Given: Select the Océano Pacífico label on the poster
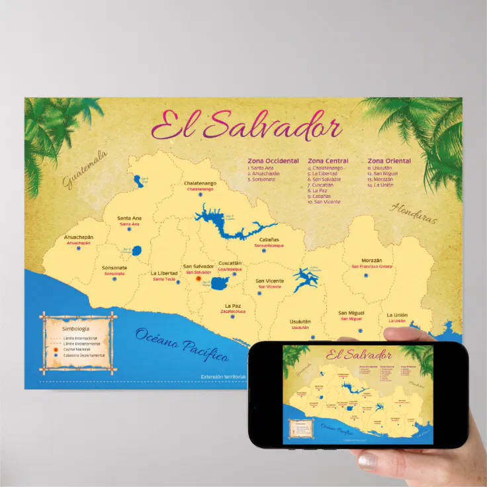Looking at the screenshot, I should coord(182,345).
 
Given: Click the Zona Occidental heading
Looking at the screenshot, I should coord(273,161).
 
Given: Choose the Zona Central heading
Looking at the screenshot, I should coord(328,161).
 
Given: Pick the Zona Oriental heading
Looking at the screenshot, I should coord(389,161).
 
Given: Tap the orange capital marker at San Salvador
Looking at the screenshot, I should coord(198,279).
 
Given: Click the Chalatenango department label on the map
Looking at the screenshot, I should coord(200,183).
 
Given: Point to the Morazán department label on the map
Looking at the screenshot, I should coord(371,260).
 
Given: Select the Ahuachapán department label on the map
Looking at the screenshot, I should coord(79,237).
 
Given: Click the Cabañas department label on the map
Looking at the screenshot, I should coord(269,240).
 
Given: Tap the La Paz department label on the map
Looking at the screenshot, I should coord(233,305).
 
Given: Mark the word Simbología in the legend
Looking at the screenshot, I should coord(75,328).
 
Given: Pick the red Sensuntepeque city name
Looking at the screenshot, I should coord(269,245).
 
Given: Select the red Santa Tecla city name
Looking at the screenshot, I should coord(164,279).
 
